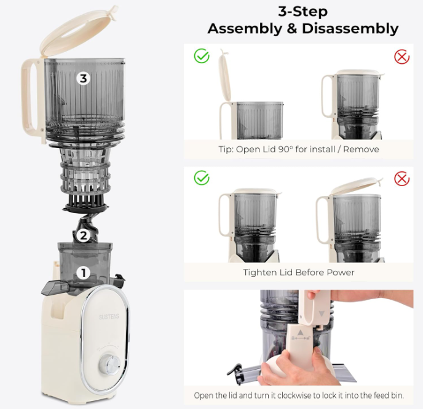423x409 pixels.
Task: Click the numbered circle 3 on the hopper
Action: [84, 78]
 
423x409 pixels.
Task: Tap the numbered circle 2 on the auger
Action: [84, 235]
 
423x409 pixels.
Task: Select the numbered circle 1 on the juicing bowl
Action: [82, 273]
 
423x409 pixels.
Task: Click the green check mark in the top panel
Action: [202, 56]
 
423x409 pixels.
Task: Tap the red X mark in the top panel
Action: [401, 57]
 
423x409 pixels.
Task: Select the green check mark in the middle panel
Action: [202, 178]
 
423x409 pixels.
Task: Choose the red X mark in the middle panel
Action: [401, 179]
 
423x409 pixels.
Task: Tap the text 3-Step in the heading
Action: [303, 11]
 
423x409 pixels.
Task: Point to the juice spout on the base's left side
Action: [54, 286]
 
